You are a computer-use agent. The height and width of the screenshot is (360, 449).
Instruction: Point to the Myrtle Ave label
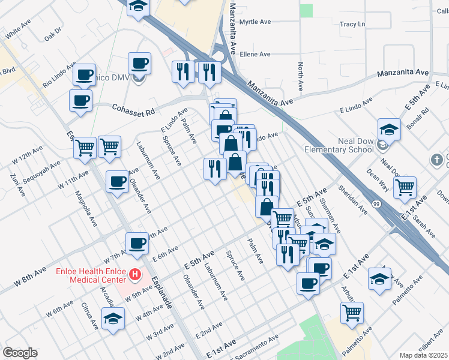(x=255, y=22)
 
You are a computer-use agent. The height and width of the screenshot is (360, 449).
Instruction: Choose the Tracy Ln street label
(x=352, y=25)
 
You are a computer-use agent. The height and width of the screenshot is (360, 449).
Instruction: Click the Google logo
(x=20, y=353)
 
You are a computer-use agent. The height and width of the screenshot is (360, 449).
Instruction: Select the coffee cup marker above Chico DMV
(x=139, y=63)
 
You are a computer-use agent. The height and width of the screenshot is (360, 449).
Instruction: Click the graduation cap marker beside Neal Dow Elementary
(x=389, y=129)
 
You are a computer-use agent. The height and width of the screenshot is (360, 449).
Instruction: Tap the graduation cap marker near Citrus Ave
(x=112, y=319)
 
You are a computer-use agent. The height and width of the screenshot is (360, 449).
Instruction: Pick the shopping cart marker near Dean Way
(x=405, y=187)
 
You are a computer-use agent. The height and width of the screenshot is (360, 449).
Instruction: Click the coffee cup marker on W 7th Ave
(x=137, y=243)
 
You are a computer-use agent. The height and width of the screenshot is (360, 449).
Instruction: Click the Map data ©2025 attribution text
(x=423, y=355)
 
